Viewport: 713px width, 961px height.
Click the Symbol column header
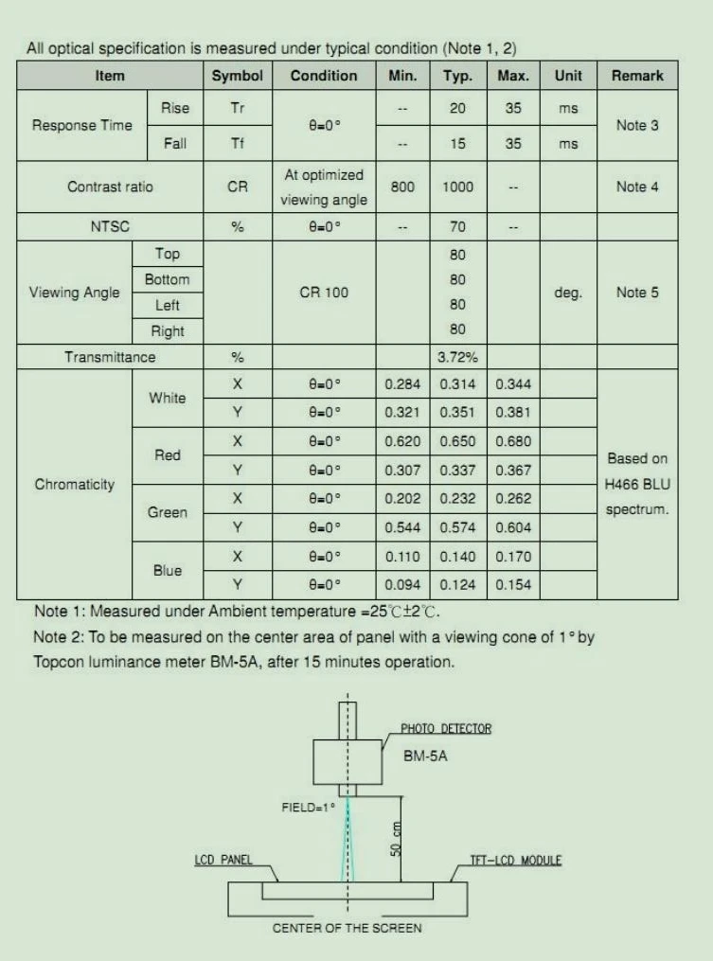click(237, 76)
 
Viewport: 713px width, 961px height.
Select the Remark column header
click(637, 76)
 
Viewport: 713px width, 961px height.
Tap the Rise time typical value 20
click(457, 108)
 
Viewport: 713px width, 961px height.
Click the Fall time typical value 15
click(457, 144)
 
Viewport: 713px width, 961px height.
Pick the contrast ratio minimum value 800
click(402, 187)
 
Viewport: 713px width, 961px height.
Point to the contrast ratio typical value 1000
click(457, 187)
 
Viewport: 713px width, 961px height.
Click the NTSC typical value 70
click(457, 227)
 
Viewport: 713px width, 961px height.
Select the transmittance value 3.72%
click(457, 357)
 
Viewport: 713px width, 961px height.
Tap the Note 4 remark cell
click(637, 187)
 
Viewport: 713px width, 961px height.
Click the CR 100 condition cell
click(324, 293)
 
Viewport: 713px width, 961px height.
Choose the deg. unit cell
click(568, 293)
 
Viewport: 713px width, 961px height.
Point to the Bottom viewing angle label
click(167, 280)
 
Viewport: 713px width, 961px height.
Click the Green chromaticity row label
click(167, 513)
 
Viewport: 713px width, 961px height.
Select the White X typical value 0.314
click(457, 383)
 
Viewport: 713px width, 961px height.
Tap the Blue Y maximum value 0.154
click(513, 585)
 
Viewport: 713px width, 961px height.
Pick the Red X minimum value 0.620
click(402, 441)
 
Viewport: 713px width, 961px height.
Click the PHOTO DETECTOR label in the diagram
click(446, 728)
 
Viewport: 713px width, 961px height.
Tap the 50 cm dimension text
click(396, 838)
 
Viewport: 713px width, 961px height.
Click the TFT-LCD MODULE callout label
click(516, 861)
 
